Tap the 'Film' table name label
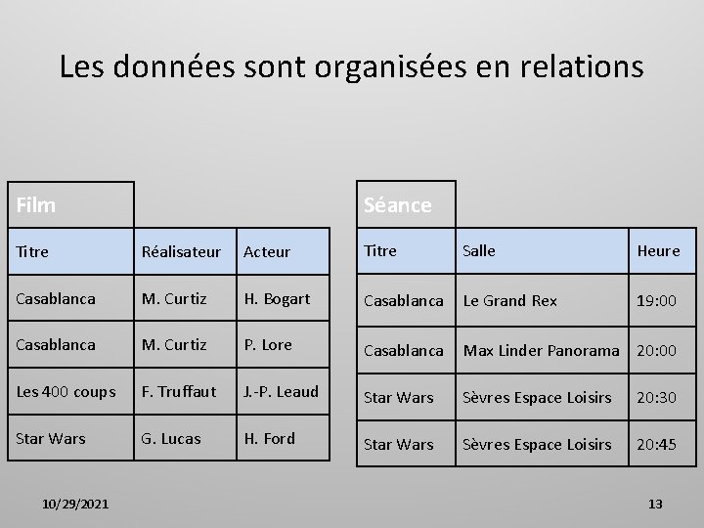pyautogui.click(x=36, y=205)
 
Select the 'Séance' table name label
pyautogui.click(x=397, y=205)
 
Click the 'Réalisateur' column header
pyautogui.click(x=182, y=251)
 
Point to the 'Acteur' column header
pyautogui.click(x=267, y=251)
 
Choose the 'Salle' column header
pyautogui.click(x=479, y=250)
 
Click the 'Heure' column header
pyautogui.click(x=658, y=250)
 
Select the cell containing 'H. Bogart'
pyautogui.click(x=277, y=298)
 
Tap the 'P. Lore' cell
pyautogui.click(x=270, y=344)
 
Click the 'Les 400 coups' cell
pyautogui.click(x=66, y=392)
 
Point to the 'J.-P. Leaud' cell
pyautogui.click(x=282, y=391)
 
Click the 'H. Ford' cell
pyautogui.click(x=269, y=438)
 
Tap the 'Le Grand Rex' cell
pyautogui.click(x=510, y=300)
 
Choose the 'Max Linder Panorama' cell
pyautogui.click(x=542, y=350)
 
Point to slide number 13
pyautogui.click(x=655, y=504)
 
